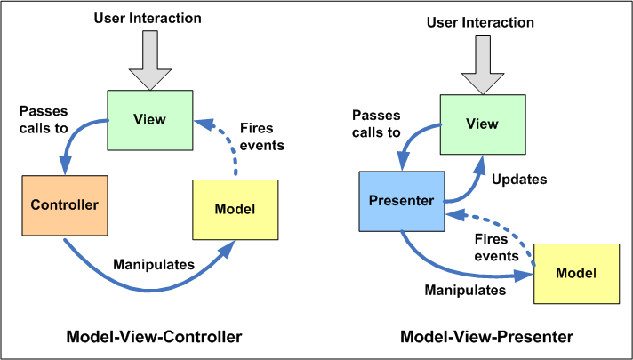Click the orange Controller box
[64, 204]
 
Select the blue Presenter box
[400, 200]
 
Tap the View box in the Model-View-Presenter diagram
[482, 124]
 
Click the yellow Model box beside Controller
[235, 209]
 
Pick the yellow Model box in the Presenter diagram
[576, 270]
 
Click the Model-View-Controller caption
[154, 337]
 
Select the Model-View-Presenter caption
[486, 337]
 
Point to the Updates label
[518, 179]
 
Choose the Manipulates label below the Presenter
[465, 290]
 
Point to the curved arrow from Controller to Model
[142, 283]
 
